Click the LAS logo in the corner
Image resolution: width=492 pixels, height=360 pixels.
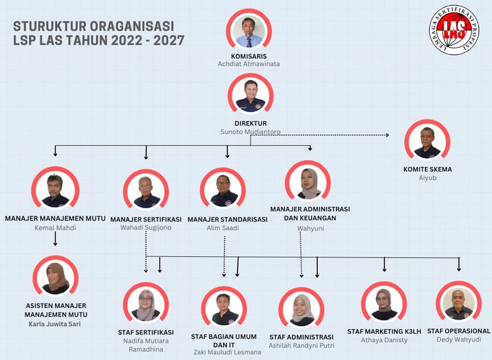click(454, 30)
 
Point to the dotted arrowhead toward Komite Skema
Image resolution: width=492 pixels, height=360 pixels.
click(386, 135)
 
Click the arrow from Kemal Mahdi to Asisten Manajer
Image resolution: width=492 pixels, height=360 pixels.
click(55, 240)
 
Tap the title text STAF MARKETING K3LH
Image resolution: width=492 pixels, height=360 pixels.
click(384, 331)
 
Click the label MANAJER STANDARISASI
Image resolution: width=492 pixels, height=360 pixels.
click(227, 219)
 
